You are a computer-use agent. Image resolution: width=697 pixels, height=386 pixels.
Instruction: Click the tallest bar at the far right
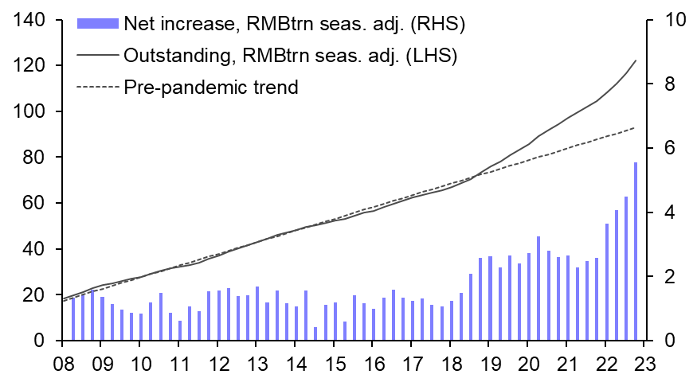pyautogui.click(x=636, y=251)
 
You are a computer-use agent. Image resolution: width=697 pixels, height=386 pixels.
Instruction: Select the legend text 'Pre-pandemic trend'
pyautogui.click(x=211, y=87)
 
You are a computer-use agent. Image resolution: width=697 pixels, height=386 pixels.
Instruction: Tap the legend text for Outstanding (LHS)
pyautogui.click(x=290, y=55)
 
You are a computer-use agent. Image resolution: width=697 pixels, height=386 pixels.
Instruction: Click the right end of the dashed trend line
pyautogui.click(x=635, y=127)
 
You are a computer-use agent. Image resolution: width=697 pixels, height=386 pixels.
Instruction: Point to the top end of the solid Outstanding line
pyautogui.click(x=636, y=60)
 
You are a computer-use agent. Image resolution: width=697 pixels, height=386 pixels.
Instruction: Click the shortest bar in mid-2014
pyautogui.click(x=315, y=333)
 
